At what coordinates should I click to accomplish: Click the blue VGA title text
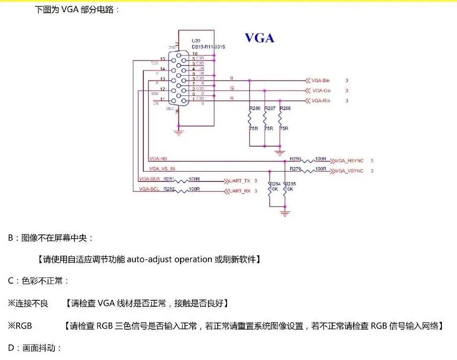[259, 38]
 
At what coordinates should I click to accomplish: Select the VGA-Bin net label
[321, 80]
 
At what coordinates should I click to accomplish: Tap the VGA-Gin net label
[321, 90]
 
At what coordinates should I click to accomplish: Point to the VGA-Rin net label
[321, 101]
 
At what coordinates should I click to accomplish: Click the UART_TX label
[240, 181]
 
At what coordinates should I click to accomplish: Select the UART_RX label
[240, 191]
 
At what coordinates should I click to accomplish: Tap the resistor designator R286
[255, 108]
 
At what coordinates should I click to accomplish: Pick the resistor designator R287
[270, 108]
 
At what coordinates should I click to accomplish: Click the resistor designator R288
[284, 108]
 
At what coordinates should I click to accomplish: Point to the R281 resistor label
[169, 179]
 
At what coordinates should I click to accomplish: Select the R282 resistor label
[169, 189]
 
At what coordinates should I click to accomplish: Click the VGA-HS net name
[158, 158]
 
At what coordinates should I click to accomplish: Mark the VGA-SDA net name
[149, 179]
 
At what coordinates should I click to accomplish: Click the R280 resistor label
[295, 158]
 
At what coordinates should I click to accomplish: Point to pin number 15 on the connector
[162, 59]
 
